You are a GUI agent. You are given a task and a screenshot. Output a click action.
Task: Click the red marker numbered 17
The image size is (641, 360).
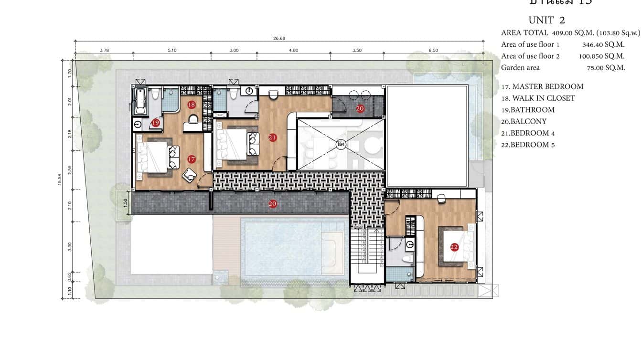191,159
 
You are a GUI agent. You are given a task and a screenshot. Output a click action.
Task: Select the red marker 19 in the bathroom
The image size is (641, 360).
155,123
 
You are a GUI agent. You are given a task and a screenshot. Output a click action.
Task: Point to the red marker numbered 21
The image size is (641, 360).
273,138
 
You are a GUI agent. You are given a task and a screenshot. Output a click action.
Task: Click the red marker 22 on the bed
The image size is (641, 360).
454,247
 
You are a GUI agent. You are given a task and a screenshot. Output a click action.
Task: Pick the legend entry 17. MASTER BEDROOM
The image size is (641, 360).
542,86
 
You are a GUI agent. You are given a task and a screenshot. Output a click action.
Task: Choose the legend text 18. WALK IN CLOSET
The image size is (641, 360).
538,98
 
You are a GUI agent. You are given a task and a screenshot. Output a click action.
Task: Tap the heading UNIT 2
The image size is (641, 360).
546,20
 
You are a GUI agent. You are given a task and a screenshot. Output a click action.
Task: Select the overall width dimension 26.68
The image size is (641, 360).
279,39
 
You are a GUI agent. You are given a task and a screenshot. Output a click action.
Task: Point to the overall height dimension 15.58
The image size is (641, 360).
59,180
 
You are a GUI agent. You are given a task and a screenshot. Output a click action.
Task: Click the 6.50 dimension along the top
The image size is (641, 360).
433,50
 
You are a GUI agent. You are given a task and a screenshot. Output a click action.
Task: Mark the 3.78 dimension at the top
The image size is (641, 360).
104,50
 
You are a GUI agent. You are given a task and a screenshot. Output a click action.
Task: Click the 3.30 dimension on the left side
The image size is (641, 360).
70,246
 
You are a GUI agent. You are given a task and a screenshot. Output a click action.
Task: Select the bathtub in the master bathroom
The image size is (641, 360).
140,101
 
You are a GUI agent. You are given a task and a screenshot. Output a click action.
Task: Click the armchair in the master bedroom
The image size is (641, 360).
190,175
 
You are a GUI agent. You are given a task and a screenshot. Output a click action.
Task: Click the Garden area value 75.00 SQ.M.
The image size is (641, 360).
606,68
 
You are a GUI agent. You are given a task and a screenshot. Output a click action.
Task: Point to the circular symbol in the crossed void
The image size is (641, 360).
341,144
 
